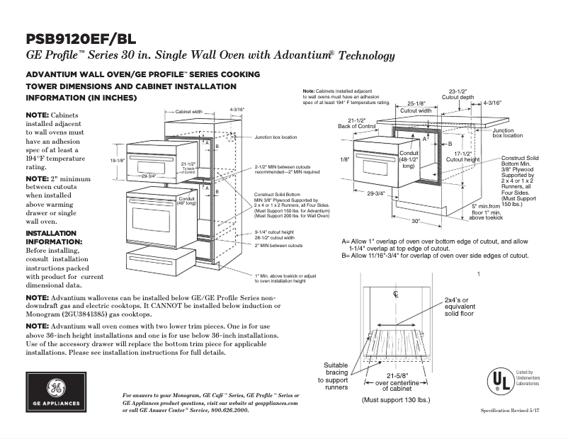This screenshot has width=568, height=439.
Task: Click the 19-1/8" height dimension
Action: pyautogui.click(x=117, y=161)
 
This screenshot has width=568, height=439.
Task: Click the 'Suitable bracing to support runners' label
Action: pyautogui.click(x=336, y=375)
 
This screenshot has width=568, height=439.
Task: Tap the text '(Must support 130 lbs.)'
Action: pyautogui.click(x=396, y=400)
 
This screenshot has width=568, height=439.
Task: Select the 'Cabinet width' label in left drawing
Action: pyautogui.click(x=189, y=111)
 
